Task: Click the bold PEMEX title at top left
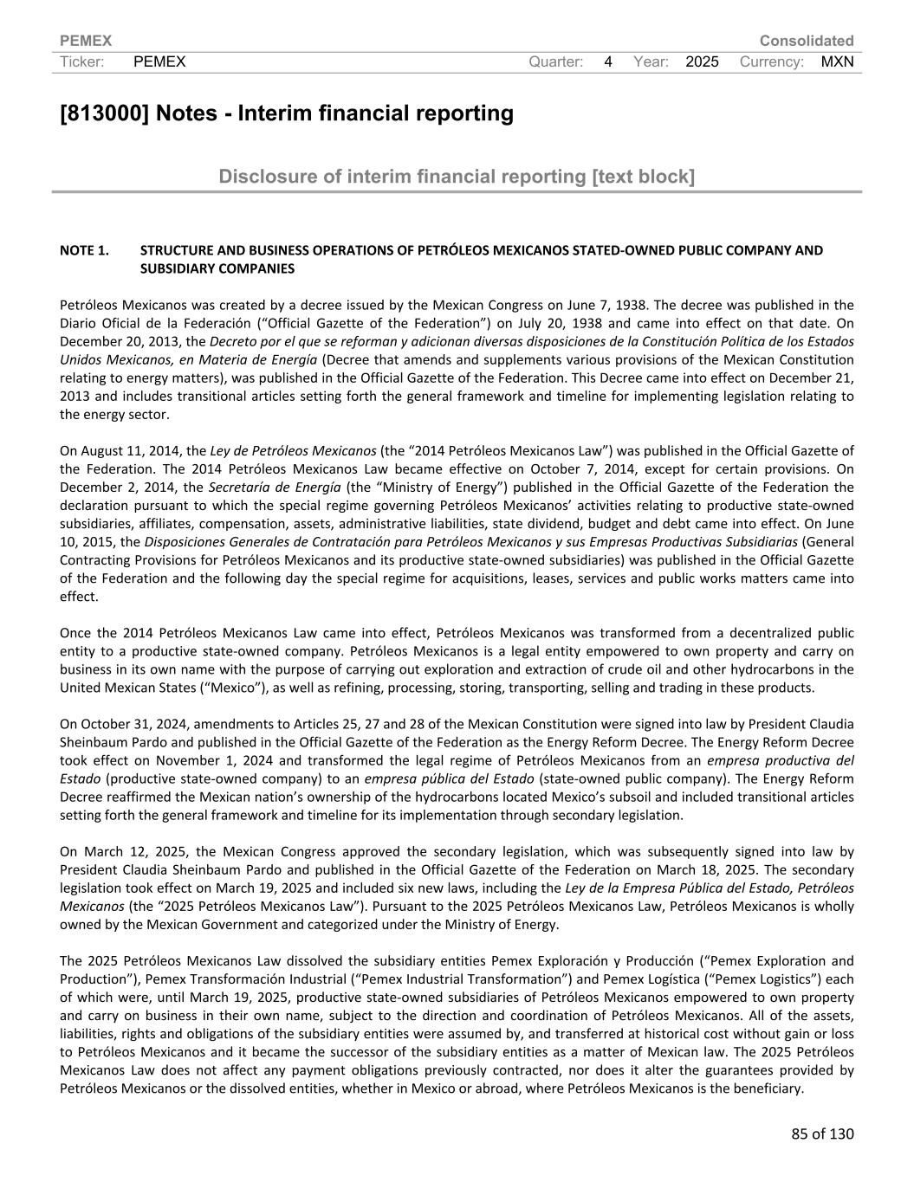point(86,41)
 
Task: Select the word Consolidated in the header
point(806,41)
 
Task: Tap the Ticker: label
point(82,61)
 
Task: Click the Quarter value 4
point(608,61)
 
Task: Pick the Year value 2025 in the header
point(702,61)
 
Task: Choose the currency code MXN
point(837,61)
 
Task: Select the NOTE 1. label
point(84,250)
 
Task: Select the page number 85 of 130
point(821,1134)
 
